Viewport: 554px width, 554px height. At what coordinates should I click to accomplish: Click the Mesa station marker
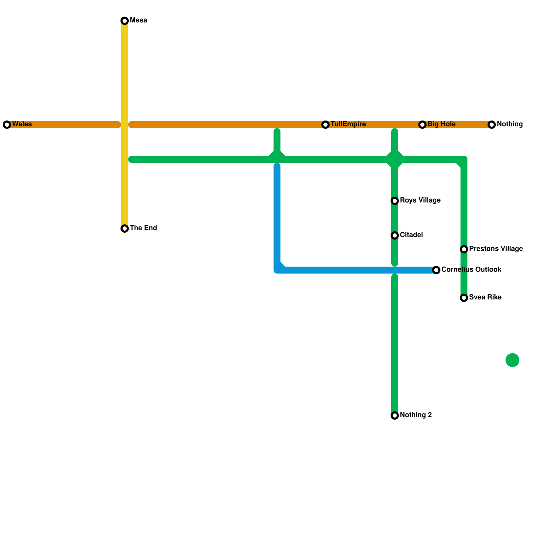pyautogui.click(x=125, y=21)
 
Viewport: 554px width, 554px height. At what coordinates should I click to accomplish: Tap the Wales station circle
pyautogui.click(x=7, y=125)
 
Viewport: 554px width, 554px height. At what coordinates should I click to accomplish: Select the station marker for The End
pyautogui.click(x=125, y=229)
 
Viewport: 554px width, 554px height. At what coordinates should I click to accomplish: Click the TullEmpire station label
pyautogui.click(x=348, y=124)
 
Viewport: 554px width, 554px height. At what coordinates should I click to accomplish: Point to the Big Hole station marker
pyautogui.click(x=422, y=125)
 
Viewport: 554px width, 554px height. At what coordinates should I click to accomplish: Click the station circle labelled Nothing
pyautogui.click(x=492, y=125)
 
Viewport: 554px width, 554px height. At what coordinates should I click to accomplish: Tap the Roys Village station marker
pyautogui.click(x=395, y=201)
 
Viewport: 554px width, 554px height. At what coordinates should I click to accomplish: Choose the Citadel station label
pyautogui.click(x=411, y=235)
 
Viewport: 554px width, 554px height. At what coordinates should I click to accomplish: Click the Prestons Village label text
pyautogui.click(x=495, y=249)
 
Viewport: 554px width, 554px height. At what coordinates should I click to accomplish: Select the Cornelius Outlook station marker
pyautogui.click(x=436, y=270)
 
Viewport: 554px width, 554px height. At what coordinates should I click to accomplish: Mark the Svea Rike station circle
pyautogui.click(x=464, y=298)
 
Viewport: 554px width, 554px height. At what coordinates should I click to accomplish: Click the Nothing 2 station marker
pyautogui.click(x=395, y=415)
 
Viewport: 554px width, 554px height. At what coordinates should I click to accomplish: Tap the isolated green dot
pyautogui.click(x=512, y=360)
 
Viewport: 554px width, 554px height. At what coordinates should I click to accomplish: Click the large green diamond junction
pyautogui.click(x=395, y=159)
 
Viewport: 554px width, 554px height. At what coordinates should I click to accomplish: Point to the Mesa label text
pyautogui.click(x=138, y=20)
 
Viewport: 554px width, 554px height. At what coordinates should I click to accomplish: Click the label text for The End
pyautogui.click(x=143, y=228)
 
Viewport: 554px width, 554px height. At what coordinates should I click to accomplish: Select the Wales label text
pyautogui.click(x=22, y=124)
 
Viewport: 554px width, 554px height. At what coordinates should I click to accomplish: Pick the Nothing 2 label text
pyautogui.click(x=415, y=415)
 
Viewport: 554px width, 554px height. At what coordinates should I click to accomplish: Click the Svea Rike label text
pyautogui.click(x=485, y=297)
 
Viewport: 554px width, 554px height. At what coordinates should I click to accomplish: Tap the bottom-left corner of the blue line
pyautogui.click(x=277, y=270)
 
